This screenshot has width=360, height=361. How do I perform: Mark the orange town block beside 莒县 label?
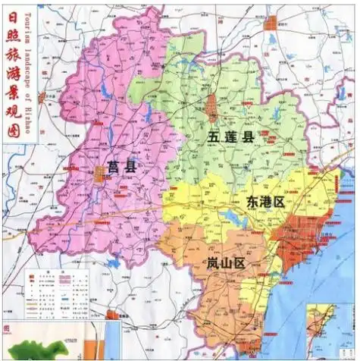tap(99, 174)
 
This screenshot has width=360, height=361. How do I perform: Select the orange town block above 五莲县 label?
tap(212, 106)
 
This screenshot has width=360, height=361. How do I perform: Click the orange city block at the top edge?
tap(271, 22)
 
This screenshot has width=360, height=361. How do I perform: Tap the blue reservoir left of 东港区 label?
tap(228, 219)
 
